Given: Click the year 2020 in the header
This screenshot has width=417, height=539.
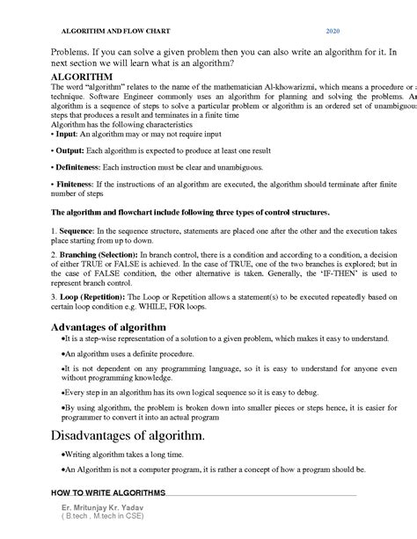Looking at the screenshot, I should [333, 31].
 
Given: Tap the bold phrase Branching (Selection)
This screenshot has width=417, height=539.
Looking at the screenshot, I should [99, 253].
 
